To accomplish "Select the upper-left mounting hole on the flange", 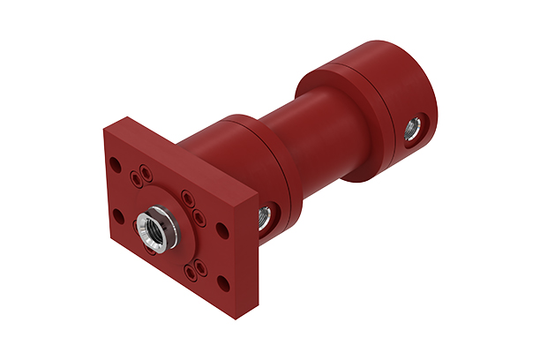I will (115, 163).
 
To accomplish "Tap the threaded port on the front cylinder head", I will (263, 214).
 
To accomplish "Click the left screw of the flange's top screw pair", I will (134, 177).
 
